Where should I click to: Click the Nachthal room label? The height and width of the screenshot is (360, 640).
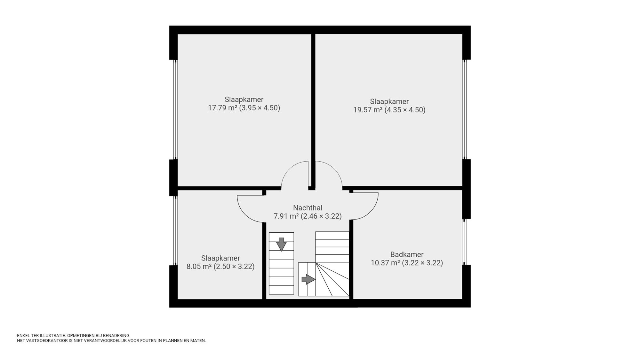(x=308, y=208)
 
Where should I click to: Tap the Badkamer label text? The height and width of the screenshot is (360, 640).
(x=407, y=254)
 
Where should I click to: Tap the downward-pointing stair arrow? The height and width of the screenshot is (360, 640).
(x=281, y=244)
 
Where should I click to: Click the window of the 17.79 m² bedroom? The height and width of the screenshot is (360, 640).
(x=175, y=109)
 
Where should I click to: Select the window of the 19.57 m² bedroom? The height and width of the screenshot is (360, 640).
(x=465, y=109)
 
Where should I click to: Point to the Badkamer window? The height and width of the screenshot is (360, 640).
(x=465, y=242)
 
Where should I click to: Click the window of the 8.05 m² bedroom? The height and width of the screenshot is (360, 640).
(x=175, y=230)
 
